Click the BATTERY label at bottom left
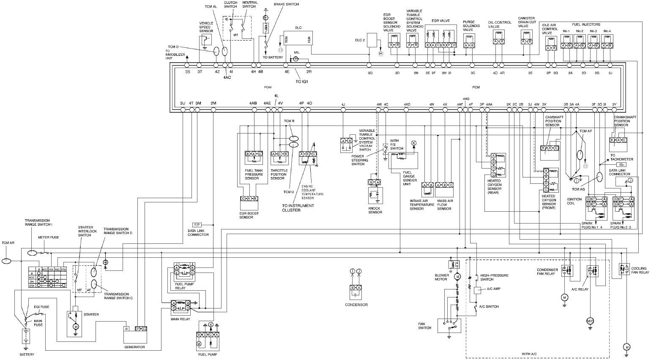[27, 355]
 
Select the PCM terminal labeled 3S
[187, 65]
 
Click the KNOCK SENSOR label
[375, 210]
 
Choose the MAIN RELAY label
[181, 319]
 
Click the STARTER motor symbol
[76, 327]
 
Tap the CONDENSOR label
[356, 305]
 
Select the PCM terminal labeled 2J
[610, 65]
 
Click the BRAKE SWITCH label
[286, 4]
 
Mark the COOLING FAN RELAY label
[639, 270]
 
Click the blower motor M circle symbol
[457, 277]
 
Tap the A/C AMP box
[477, 290]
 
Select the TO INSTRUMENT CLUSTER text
[298, 208]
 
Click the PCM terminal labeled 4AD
[407, 110]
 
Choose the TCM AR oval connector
[7, 261]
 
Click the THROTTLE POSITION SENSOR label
[279, 174]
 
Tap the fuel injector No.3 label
[593, 31]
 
